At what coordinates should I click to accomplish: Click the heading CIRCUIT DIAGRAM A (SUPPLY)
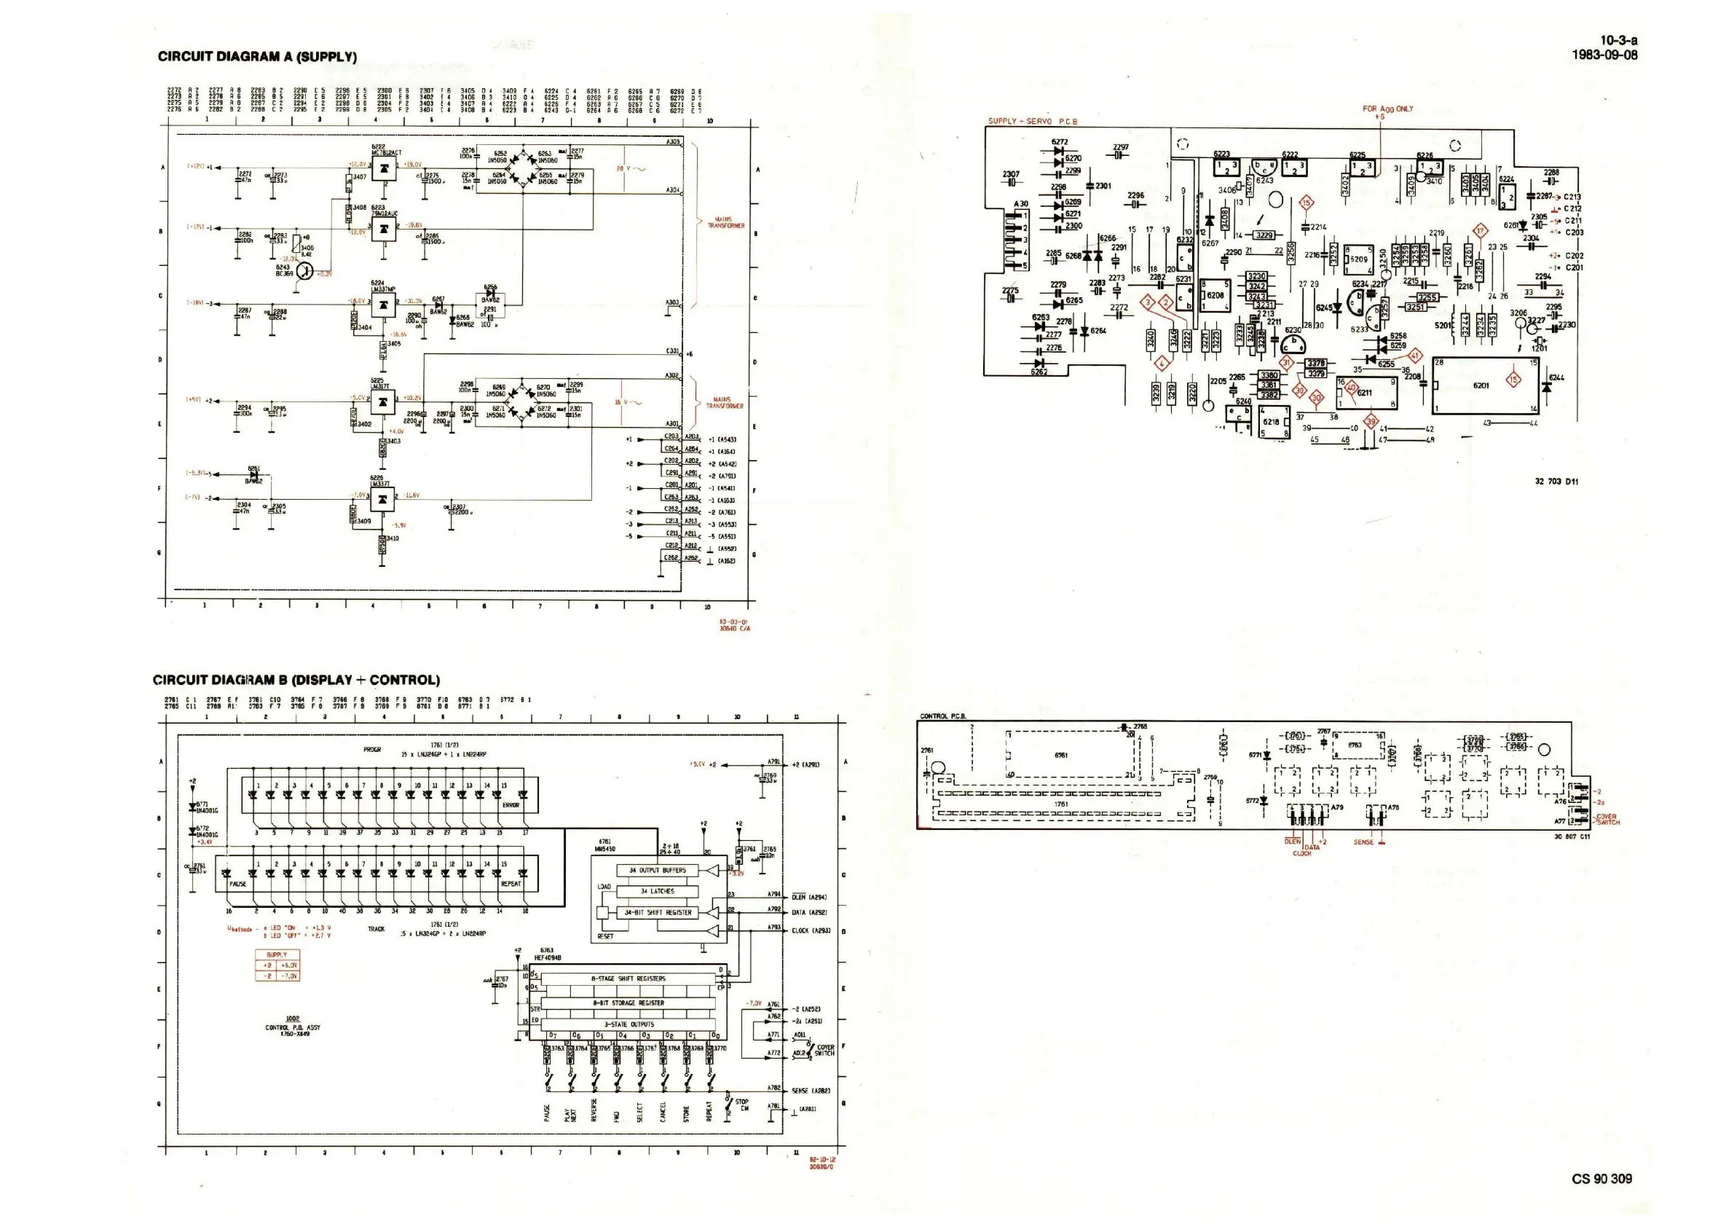[257, 57]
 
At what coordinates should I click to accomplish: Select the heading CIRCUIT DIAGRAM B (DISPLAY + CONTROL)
[296, 680]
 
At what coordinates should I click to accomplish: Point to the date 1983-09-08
[1604, 55]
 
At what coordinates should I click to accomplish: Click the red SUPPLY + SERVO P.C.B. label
[1033, 121]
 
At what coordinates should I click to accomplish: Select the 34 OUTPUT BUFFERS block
[657, 871]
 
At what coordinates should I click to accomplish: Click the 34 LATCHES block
[657, 892]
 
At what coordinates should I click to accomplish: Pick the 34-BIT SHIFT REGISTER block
[657, 913]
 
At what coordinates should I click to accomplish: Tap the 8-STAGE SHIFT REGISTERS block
[628, 979]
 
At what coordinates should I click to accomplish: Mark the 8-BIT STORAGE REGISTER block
[628, 1003]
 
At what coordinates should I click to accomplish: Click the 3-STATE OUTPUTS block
[628, 1024]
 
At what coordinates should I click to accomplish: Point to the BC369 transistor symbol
[305, 270]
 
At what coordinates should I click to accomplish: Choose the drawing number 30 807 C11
[1572, 836]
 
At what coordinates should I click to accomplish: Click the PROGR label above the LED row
[372, 750]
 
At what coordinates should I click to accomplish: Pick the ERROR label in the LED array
[511, 805]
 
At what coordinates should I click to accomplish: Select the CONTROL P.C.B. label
[942, 716]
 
